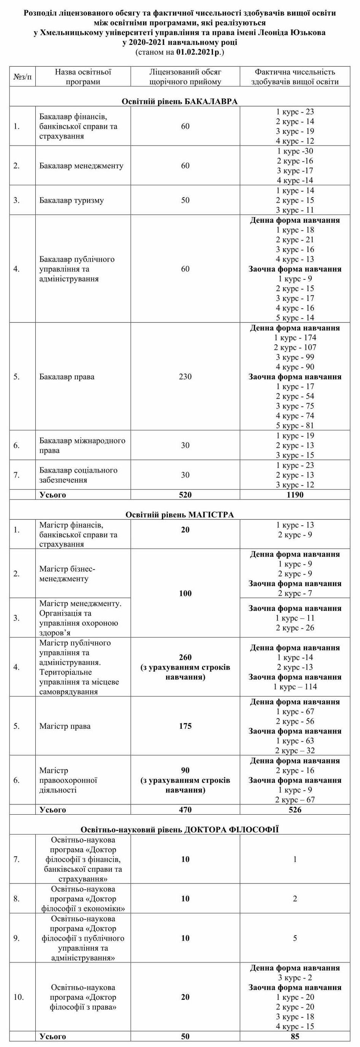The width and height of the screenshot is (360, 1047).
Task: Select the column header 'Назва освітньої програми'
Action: [83, 77]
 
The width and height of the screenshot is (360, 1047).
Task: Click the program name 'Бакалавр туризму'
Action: [71, 200]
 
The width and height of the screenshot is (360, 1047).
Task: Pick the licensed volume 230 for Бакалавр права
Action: [185, 377]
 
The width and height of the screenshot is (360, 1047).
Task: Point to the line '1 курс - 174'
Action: [295, 338]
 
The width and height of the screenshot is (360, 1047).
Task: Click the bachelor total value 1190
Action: [295, 495]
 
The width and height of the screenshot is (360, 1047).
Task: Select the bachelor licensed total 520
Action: [185, 495]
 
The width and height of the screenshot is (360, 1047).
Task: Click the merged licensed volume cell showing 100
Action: [185, 593]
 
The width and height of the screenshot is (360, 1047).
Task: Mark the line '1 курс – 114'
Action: [295, 687]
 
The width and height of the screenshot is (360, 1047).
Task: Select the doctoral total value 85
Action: [295, 1042]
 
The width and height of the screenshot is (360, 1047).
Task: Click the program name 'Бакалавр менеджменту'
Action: [81, 166]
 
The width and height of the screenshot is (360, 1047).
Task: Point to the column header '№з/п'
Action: [23, 77]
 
